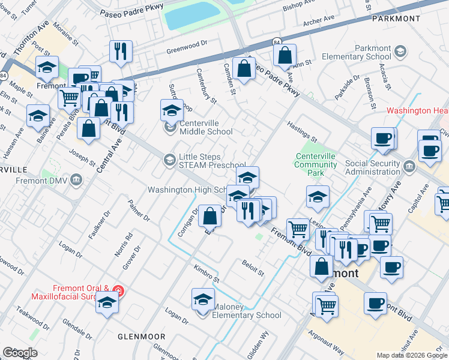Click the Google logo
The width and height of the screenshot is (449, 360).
(x=20, y=352)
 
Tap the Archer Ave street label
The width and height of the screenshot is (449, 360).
(x=319, y=20)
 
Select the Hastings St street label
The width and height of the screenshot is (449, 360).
(x=301, y=131)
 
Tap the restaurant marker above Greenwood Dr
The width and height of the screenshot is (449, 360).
(x=121, y=52)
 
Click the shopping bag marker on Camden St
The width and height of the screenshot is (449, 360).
(x=244, y=68)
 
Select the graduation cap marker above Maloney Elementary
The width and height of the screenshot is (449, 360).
(x=203, y=299)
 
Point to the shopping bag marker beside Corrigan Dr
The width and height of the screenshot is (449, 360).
(x=210, y=215)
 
